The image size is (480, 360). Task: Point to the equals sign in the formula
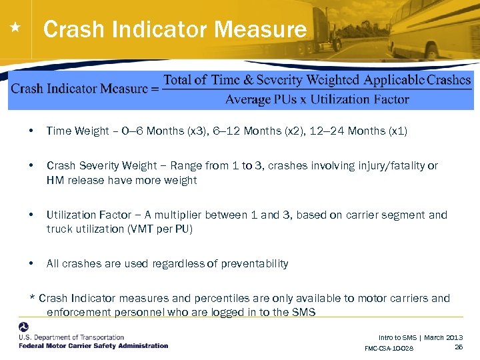(x=155, y=89)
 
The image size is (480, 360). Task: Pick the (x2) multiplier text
(x=281, y=131)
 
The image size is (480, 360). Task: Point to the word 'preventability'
(x=255, y=263)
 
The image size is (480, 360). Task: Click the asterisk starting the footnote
(x=33, y=299)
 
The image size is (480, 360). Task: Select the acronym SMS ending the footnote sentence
(x=303, y=311)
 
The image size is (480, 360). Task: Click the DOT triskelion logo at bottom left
(x=24, y=328)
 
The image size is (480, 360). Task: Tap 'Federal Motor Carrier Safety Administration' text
(x=93, y=345)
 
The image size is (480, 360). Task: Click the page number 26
(x=459, y=347)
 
